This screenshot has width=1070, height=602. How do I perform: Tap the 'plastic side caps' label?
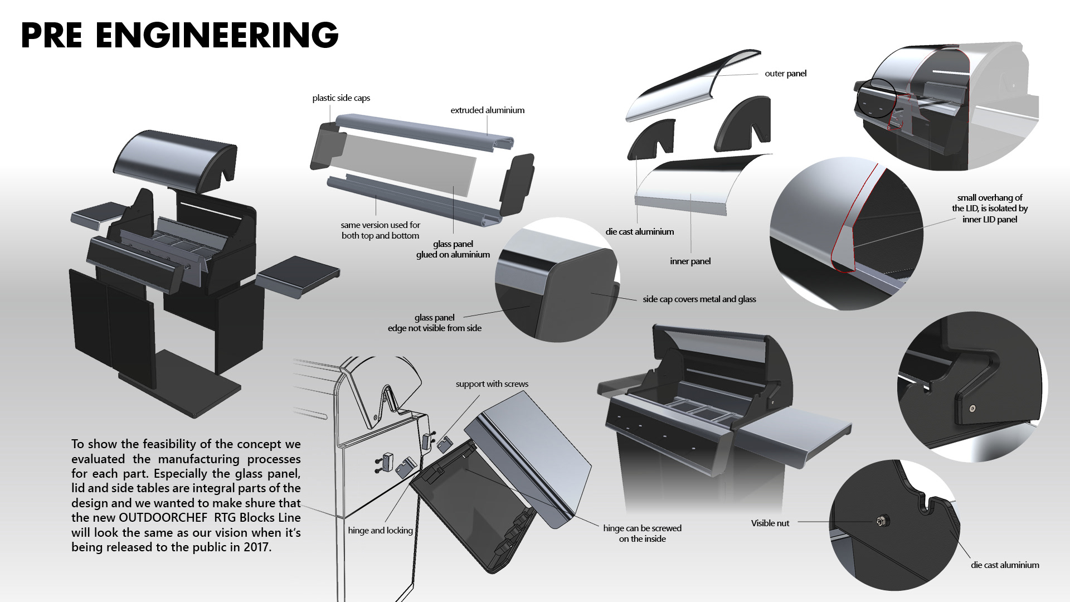[x=341, y=98]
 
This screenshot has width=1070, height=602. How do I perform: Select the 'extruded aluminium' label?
[x=487, y=110]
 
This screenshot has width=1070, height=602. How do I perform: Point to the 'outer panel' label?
[x=785, y=74]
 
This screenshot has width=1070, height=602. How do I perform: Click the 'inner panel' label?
[x=690, y=261]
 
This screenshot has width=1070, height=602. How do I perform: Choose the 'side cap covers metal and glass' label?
[x=699, y=299]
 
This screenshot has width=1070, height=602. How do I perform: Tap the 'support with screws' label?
[x=492, y=384]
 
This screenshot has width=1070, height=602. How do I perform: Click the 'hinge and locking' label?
[x=380, y=531]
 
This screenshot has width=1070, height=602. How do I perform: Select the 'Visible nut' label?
[x=770, y=523]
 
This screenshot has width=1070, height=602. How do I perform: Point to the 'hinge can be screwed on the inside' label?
[x=642, y=533]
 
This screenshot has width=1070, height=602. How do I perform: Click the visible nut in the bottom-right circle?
[x=881, y=522]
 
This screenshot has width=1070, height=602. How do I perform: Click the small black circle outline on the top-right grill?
[x=876, y=98]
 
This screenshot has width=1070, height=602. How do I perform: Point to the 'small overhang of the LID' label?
[x=989, y=208]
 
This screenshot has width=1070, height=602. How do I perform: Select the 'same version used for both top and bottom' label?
[x=380, y=230]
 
